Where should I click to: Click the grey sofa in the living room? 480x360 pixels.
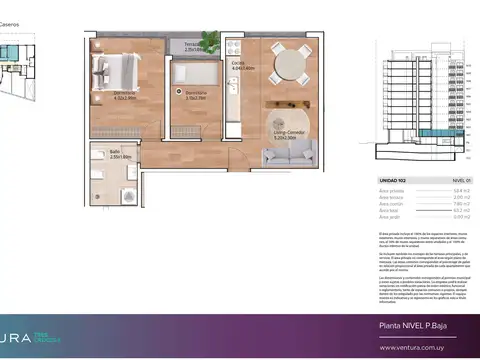tap(291, 151)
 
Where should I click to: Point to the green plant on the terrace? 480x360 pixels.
tap(209, 41)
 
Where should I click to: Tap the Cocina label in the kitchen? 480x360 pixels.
tap(240, 67)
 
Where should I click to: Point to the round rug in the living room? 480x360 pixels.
tap(288, 120)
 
